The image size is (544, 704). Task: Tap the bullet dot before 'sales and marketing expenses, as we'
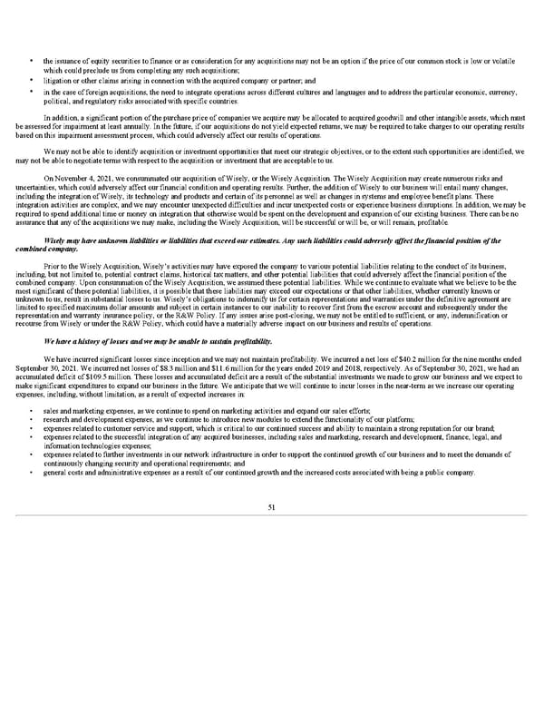32,411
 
